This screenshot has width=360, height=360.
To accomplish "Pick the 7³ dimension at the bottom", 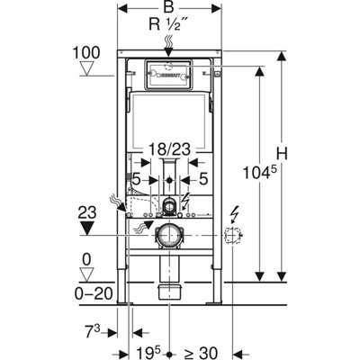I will point(88,328).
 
